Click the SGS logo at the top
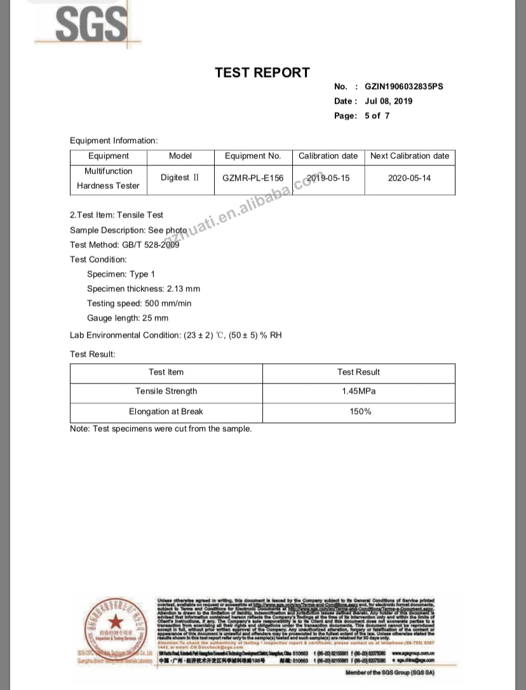click(89, 24)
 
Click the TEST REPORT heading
click(262, 72)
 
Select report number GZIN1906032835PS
click(404, 86)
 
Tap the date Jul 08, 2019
click(389, 101)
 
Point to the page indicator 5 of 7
click(377, 116)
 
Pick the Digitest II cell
click(180, 178)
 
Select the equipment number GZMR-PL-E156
click(253, 178)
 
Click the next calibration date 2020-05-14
click(409, 178)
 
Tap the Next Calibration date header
click(409, 156)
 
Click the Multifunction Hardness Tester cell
click(109, 179)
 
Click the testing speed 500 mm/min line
click(139, 303)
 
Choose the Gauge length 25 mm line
click(128, 318)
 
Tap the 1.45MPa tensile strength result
click(358, 391)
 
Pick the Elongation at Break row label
click(166, 411)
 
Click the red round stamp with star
click(116, 624)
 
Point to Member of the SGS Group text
click(389, 672)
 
